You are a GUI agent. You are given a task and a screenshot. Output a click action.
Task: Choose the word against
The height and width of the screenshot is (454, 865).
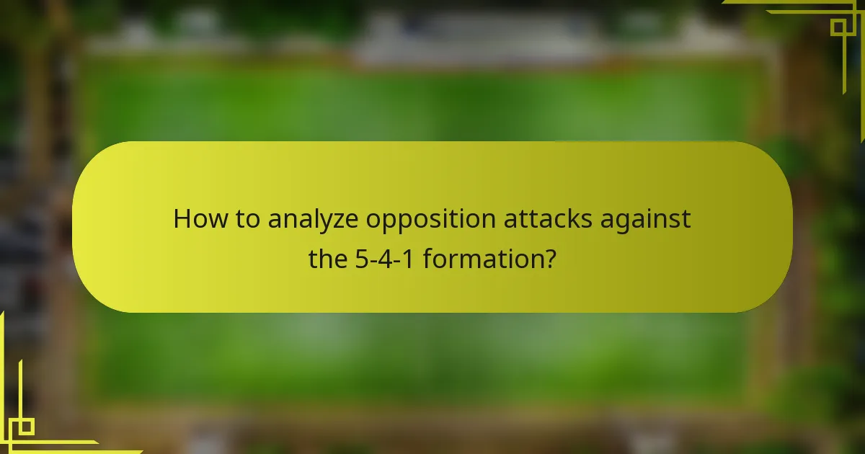tap(644, 221)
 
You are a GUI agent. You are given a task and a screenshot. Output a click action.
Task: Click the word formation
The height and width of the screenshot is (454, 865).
tap(482, 258)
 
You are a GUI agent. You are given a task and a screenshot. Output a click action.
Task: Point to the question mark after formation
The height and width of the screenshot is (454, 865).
tap(549, 258)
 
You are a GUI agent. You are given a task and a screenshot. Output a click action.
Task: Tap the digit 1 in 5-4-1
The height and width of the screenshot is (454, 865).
tap(407, 258)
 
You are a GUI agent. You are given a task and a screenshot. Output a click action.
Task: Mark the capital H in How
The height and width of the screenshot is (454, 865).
tap(182, 219)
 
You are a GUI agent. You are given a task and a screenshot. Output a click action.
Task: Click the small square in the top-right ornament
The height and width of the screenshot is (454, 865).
tap(838, 27)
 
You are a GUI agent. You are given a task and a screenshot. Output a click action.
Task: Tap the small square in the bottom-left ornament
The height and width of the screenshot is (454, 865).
tap(26, 427)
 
